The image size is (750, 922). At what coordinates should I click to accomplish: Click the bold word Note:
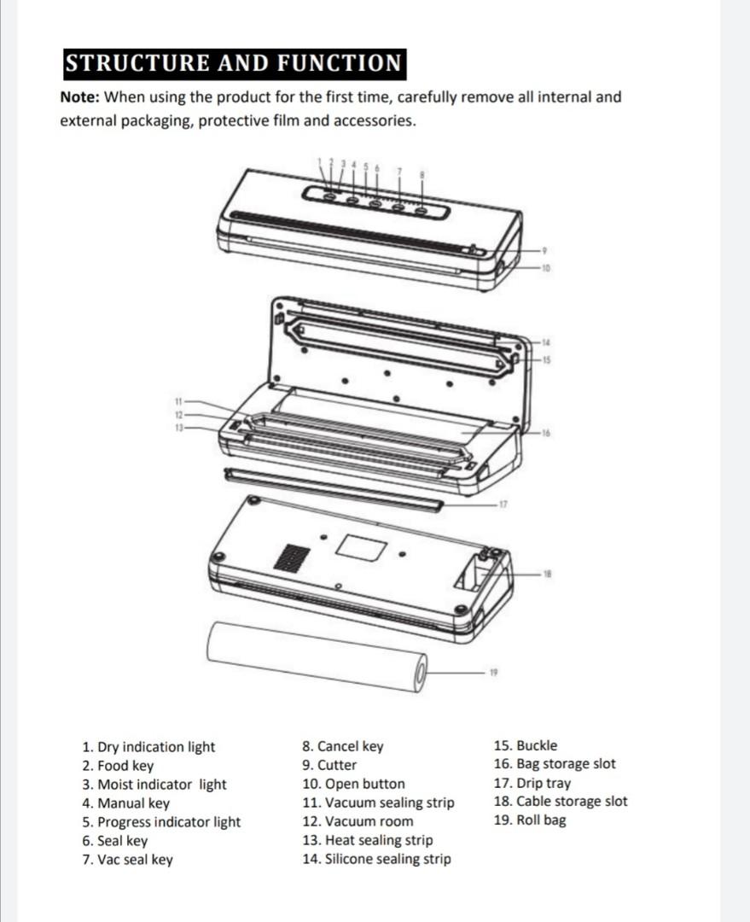(80, 97)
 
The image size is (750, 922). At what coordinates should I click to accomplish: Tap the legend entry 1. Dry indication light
(148, 747)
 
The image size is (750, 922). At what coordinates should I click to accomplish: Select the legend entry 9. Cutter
(329, 765)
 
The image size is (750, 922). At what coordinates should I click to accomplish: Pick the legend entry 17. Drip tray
(532, 783)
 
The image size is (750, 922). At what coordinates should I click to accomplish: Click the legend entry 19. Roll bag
(529, 820)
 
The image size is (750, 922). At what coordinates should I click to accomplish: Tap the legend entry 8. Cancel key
(343, 746)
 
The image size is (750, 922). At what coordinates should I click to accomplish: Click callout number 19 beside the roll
(493, 673)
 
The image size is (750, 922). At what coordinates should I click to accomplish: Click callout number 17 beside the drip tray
(503, 504)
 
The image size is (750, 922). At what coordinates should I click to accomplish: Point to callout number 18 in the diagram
(547, 573)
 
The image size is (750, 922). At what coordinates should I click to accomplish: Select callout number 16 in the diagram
(546, 434)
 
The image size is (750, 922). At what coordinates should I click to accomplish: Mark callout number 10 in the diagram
(547, 269)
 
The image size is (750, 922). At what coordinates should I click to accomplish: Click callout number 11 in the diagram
(178, 400)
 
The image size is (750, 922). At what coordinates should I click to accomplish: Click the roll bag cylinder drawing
(316, 655)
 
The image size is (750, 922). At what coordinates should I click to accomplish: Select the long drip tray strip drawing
(333, 489)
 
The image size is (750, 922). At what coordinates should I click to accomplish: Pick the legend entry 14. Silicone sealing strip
(376, 859)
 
